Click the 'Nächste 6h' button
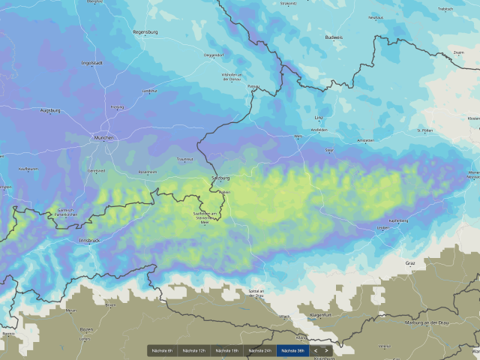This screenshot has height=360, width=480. click(x=163, y=350)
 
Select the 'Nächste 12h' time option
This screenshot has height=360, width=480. click(x=194, y=350)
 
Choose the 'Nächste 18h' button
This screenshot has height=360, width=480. click(x=226, y=350)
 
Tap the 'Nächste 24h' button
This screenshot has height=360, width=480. click(x=259, y=350)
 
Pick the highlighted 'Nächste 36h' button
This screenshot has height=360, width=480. click(x=292, y=350)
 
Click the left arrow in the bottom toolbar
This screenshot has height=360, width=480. click(x=316, y=350)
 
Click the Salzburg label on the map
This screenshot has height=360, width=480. click(x=220, y=178)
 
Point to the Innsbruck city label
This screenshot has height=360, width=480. click(x=88, y=240)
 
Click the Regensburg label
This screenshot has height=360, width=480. click(x=145, y=32)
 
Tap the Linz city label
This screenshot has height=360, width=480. click(x=318, y=118)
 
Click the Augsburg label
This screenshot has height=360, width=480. click(x=50, y=109)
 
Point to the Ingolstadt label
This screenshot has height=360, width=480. click(x=91, y=63)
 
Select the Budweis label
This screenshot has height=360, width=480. click(x=334, y=37)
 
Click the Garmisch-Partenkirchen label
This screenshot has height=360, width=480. click(x=62, y=212)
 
